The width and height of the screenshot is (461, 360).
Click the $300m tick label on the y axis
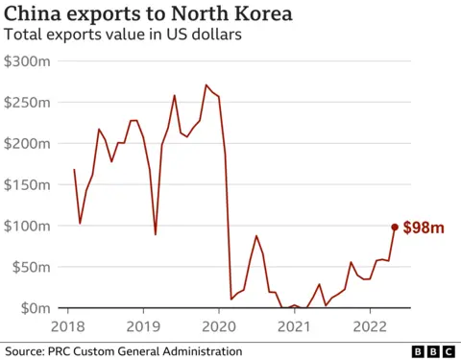[30, 60]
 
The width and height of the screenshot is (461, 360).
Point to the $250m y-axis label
[30, 102]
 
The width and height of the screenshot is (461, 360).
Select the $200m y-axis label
[30, 143]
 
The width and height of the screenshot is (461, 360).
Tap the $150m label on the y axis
[30, 184]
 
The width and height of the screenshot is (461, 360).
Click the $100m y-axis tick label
[30, 226]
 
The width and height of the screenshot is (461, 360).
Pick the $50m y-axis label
[34, 267]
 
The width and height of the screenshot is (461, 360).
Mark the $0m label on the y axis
[37, 308]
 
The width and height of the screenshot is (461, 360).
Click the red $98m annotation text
[423, 228]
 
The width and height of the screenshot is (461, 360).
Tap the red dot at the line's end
[394, 228]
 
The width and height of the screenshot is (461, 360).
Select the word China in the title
[33, 13]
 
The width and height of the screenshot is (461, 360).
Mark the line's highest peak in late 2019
[206, 85]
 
